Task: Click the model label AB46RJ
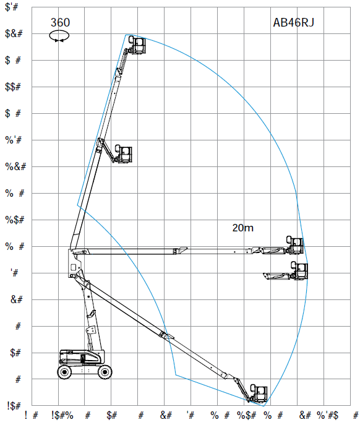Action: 294,23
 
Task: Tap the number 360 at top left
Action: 60,23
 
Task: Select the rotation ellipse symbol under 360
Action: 60,36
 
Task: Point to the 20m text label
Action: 242,228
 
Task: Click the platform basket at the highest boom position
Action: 137,45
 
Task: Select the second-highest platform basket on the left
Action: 125,154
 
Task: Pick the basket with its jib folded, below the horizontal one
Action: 300,271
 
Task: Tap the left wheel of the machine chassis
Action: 66,371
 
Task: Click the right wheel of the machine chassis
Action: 105,371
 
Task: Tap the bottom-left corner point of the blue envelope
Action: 176,374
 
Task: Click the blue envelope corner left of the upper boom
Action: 77,204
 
